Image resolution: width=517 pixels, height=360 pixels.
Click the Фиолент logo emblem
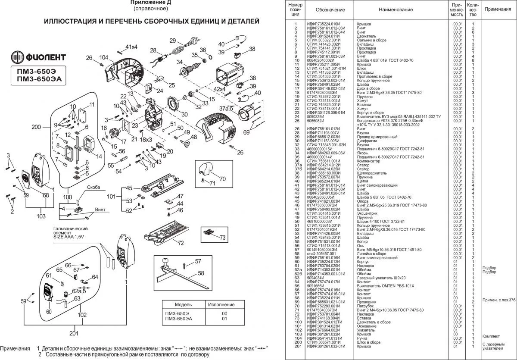coord(18,57)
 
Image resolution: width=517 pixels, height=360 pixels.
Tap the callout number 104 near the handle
coord(103,57)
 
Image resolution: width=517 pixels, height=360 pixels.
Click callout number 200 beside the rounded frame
coord(37,127)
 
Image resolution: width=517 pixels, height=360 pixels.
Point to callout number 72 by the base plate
coord(181,243)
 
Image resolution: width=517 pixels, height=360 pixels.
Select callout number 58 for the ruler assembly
coord(201,273)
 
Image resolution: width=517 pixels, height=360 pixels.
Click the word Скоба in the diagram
coord(93,188)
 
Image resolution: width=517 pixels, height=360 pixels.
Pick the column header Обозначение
coord(330,9)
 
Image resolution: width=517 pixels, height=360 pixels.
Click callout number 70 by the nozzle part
coord(222,178)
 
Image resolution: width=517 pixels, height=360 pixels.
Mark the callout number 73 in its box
coord(222,238)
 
